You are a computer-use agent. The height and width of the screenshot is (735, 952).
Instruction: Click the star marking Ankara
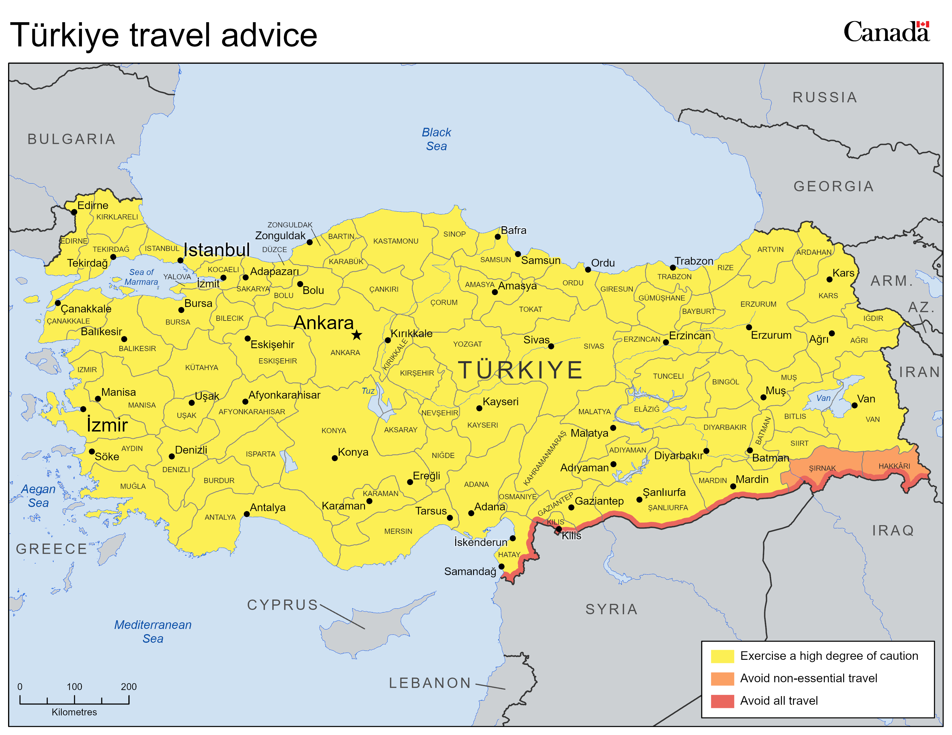(x=357, y=335)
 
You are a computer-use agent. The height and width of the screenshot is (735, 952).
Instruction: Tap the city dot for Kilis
(x=559, y=529)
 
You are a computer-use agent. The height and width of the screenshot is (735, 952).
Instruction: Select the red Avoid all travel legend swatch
(x=722, y=701)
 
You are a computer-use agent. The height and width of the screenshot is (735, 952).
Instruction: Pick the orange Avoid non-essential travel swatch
(x=722, y=679)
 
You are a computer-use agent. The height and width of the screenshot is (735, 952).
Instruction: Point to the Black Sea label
(x=436, y=139)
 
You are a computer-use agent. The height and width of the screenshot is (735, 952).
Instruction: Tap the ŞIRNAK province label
(x=822, y=468)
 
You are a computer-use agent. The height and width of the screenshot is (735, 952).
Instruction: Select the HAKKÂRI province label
(x=894, y=466)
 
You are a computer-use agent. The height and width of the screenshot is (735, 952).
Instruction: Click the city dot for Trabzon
(x=672, y=267)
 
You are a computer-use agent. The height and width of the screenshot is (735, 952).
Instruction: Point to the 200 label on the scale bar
(x=129, y=687)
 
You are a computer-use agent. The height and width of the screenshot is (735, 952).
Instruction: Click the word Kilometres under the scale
(x=74, y=712)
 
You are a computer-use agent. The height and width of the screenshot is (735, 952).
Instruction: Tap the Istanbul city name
(x=217, y=250)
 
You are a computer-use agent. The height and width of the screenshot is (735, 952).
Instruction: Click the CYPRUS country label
(x=282, y=605)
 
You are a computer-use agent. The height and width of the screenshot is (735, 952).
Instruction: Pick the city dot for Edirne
(x=74, y=212)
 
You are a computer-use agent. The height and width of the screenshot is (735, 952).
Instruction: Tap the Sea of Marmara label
(x=141, y=277)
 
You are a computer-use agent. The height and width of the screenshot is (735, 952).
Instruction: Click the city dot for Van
(x=854, y=405)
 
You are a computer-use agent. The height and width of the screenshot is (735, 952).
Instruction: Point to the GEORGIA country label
(x=833, y=186)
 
